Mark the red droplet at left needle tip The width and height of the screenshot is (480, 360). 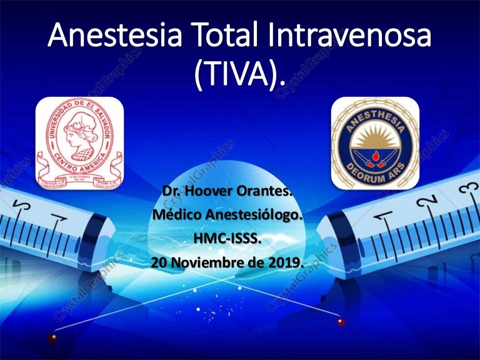pyautogui.click(x=52, y=338)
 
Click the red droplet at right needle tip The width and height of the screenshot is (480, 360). pyautogui.click(x=340, y=322)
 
